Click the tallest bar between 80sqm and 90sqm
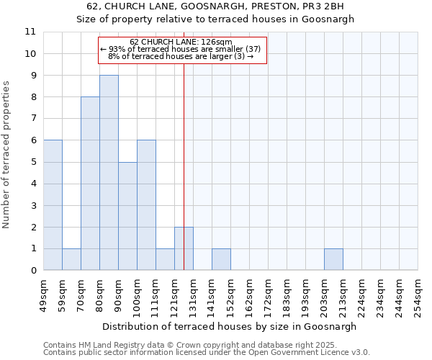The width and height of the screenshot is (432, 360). pyautogui.click(x=109, y=173)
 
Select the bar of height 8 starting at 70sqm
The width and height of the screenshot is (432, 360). pyautogui.click(x=90, y=184)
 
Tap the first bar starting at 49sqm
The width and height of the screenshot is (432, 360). pyautogui.click(x=53, y=205)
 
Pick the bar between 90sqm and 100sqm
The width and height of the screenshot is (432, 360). pyautogui.click(x=127, y=216)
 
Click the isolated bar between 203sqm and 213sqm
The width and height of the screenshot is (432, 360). pyautogui.click(x=333, y=260)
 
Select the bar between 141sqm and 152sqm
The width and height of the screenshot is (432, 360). pyautogui.click(x=221, y=260)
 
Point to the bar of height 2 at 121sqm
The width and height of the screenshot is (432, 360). pyautogui.click(x=184, y=249)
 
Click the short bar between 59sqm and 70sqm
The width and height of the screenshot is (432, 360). pyautogui.click(x=71, y=260)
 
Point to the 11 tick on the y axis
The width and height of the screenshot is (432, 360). pyautogui.click(x=30, y=32)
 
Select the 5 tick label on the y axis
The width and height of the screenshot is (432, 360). pyautogui.click(x=33, y=162)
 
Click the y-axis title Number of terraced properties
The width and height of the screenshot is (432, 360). pyautogui.click(x=7, y=155)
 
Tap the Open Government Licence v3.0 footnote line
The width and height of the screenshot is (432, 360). pyautogui.click(x=207, y=352)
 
